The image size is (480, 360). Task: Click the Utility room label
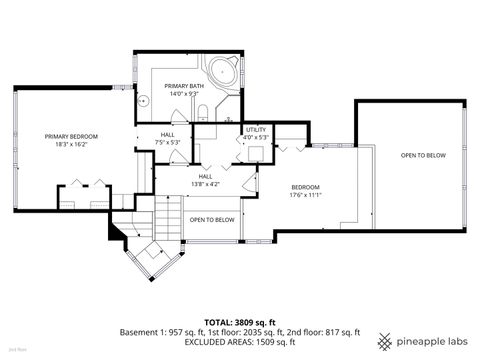point(256,129)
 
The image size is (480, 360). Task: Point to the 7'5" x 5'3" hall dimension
point(168,142)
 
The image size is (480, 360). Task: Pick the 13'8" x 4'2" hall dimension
point(206,183)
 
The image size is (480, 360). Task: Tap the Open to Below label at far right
point(423,156)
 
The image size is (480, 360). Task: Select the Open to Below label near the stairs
point(212,219)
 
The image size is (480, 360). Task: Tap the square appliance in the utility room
point(257,152)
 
